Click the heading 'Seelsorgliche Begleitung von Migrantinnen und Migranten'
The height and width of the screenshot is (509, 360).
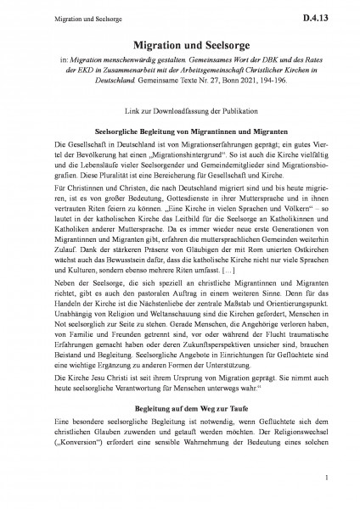(x=180, y=132)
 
